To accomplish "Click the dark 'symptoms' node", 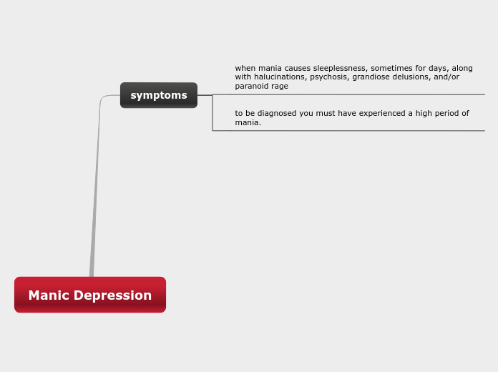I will (x=158, y=95).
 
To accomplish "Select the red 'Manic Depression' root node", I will (x=90, y=295).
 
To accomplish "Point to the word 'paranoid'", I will (x=251, y=87).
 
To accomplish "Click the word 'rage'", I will (x=280, y=87).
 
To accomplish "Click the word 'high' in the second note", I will (x=418, y=114).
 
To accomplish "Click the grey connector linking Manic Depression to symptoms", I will (x=95, y=186).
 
